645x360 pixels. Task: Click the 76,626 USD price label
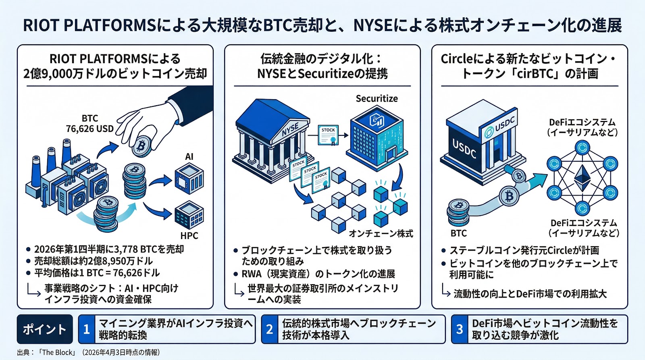point(89,129)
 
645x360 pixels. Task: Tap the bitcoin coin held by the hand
point(141,146)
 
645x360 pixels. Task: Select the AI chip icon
point(189,179)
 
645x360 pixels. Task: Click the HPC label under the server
point(189,236)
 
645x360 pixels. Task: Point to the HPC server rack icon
point(189,216)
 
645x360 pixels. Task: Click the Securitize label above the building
point(377,99)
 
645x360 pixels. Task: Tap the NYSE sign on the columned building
point(290,130)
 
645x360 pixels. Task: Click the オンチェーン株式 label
point(381,234)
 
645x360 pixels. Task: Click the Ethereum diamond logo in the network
point(582,178)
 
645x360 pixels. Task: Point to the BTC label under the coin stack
point(458,233)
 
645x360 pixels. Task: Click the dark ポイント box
point(45,329)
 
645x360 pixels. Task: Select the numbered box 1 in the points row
point(86,329)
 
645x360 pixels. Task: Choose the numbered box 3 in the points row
point(460,329)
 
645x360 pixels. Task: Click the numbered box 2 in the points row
point(270,329)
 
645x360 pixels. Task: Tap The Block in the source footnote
point(58,352)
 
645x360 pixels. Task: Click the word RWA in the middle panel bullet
point(252,274)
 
